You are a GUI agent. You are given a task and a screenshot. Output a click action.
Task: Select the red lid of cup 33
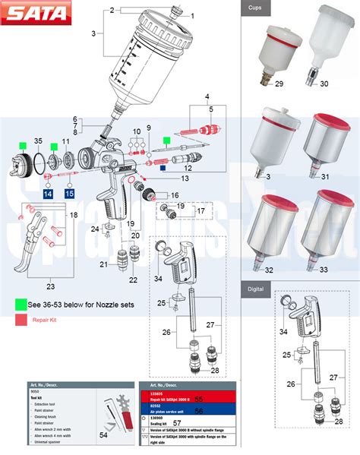pyautogui.click(x=327, y=202)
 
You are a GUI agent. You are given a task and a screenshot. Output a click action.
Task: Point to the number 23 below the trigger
pyautogui.click(x=51, y=286)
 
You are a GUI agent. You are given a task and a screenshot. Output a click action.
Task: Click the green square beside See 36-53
pyautogui.click(x=21, y=303)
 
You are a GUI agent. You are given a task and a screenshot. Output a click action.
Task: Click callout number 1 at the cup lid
pyautogui.click(x=191, y=15)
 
